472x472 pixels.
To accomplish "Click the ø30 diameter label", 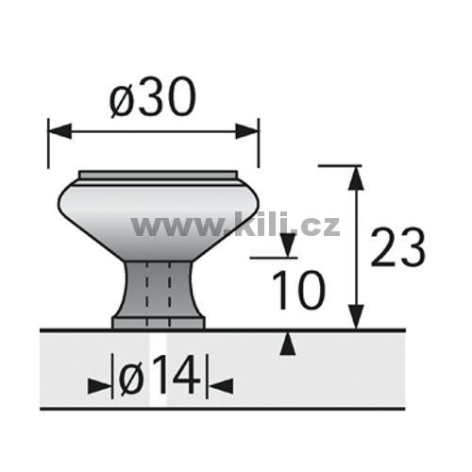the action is (153, 97).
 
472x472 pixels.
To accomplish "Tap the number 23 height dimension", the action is (397, 246).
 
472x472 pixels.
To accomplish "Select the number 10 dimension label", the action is (297, 290).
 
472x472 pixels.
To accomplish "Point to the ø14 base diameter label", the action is (160, 376).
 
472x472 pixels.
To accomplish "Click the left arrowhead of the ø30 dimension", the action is (59, 131).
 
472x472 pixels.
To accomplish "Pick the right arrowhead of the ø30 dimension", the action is (247, 131).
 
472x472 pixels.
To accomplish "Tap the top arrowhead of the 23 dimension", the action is (356, 177).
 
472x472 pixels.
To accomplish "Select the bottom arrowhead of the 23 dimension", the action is (356, 317).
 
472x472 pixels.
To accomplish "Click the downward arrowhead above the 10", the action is (288, 245).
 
